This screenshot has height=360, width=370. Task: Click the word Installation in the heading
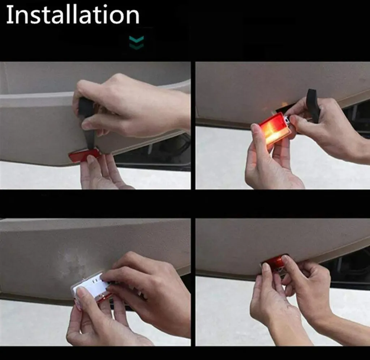(x=73, y=14)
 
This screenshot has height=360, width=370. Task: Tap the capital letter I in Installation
(x=9, y=14)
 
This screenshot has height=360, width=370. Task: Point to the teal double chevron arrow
(x=136, y=43)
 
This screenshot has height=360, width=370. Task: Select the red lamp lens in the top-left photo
(x=85, y=155)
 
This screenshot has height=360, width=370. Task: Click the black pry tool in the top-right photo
(x=313, y=105)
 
